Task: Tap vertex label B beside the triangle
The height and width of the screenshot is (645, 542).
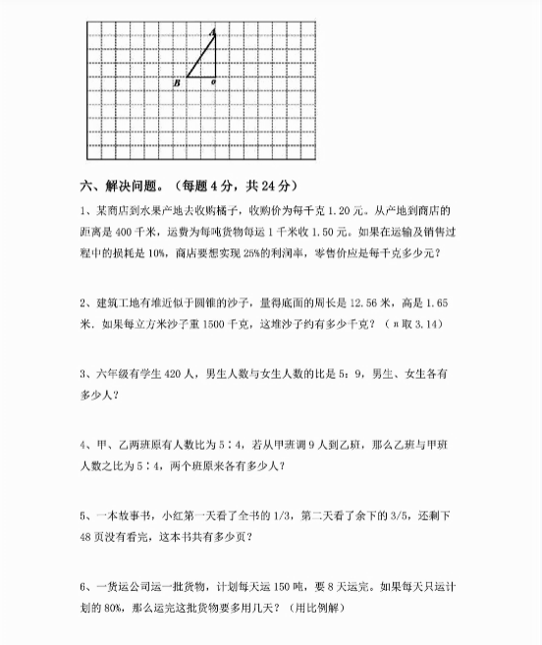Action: [176, 83]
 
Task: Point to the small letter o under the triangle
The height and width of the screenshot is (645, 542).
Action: [214, 83]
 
